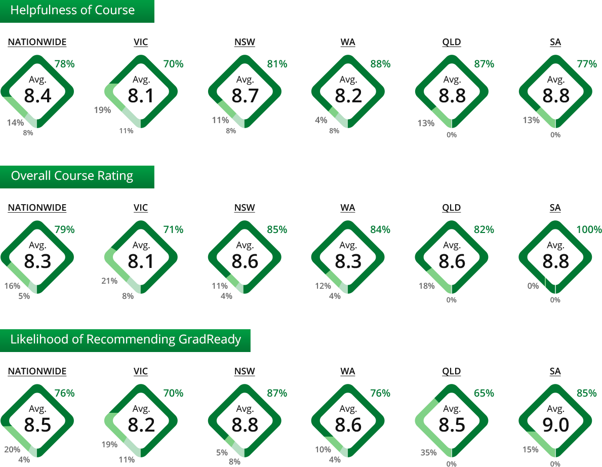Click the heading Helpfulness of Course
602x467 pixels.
(x=72, y=11)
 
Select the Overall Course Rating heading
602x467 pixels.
(x=72, y=176)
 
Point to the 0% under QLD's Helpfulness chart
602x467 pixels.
(x=452, y=135)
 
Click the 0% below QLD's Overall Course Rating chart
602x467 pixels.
(x=452, y=300)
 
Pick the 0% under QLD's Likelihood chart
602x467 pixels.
(x=452, y=463)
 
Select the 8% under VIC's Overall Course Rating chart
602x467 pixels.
(x=128, y=296)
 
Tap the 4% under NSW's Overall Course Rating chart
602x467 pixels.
(x=226, y=296)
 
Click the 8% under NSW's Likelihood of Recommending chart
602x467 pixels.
(x=234, y=461)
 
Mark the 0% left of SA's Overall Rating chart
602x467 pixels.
(x=533, y=286)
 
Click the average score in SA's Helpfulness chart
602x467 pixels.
(x=555, y=96)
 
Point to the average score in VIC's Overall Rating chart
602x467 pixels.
(x=141, y=261)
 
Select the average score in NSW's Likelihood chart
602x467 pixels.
(x=245, y=425)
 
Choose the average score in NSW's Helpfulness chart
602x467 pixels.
(x=245, y=96)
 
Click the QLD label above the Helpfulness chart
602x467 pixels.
(x=452, y=43)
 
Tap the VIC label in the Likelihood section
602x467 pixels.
(x=141, y=372)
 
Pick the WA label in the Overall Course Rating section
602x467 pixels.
(x=348, y=208)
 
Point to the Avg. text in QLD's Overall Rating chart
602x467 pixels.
(x=452, y=246)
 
